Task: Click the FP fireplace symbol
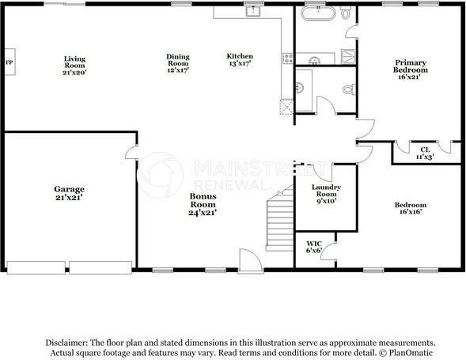coord(9,63)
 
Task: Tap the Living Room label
coord(75,63)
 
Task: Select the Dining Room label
coord(177,63)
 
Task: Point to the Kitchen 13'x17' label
coord(240,61)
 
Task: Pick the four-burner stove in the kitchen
coord(288,58)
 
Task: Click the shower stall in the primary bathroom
coord(349,55)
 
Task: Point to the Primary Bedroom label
coord(411,70)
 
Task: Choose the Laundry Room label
coord(327,194)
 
